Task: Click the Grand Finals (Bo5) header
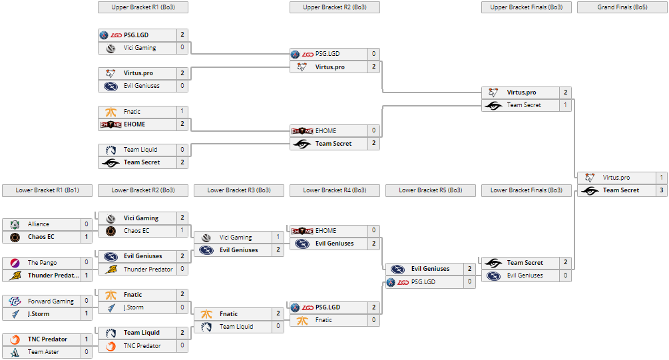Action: (x=622, y=7)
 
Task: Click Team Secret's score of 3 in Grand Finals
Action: (x=661, y=190)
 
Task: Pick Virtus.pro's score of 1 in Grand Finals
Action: (x=661, y=178)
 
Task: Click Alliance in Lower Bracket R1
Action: (x=39, y=224)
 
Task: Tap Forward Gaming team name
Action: (x=51, y=301)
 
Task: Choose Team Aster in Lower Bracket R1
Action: (x=43, y=352)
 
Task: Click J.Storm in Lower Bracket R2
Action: (x=134, y=307)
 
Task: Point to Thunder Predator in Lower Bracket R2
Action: (x=148, y=270)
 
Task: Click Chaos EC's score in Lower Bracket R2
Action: (x=182, y=231)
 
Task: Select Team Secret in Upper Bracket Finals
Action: (x=524, y=105)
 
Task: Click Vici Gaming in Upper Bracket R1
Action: (x=140, y=48)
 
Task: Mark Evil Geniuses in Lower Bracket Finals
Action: (x=525, y=275)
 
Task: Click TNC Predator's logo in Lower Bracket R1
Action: (x=15, y=339)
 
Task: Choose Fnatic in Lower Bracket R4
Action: (x=324, y=320)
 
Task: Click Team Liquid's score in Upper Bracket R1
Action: (x=182, y=150)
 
